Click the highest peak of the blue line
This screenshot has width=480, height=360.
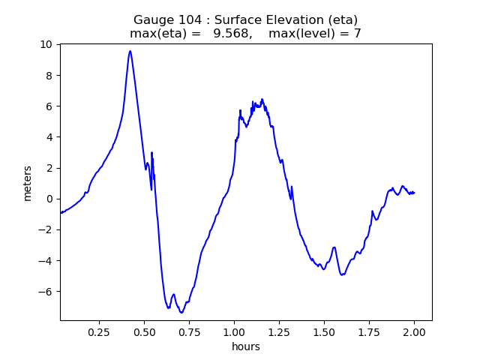130,51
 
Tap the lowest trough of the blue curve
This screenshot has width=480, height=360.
181,312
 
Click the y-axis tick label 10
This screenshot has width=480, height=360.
47,44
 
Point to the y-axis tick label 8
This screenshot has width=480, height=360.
50,75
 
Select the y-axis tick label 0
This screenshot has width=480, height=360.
50,199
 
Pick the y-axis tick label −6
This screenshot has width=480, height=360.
47,291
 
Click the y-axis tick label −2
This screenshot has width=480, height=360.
47,229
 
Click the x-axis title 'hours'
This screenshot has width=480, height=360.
246,346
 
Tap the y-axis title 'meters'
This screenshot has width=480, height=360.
28,183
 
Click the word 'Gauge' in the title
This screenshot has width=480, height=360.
152,19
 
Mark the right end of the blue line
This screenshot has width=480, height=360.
415,193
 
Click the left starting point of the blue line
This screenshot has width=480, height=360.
61,213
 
